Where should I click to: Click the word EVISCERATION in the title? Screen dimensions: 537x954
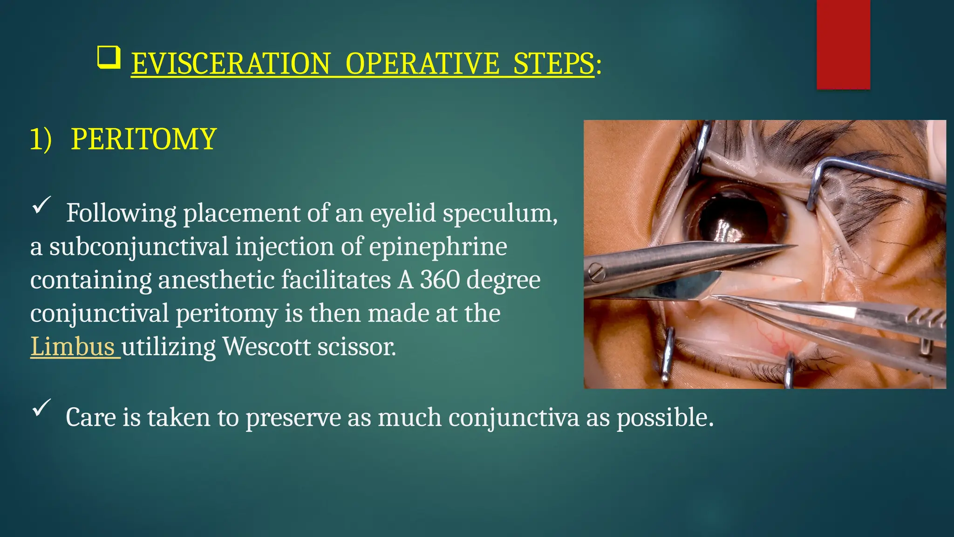click(x=231, y=64)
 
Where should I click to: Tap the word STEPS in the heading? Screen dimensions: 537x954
click(x=553, y=64)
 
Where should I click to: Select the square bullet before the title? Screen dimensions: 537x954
click(x=109, y=58)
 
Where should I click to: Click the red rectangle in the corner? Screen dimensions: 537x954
click(x=843, y=44)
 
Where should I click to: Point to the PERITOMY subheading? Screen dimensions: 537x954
click(x=143, y=139)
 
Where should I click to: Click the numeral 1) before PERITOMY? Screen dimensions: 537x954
click(x=41, y=139)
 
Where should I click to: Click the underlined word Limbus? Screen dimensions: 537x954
click(x=73, y=347)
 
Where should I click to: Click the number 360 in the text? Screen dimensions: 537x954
click(x=439, y=280)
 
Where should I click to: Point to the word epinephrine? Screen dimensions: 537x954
click(x=438, y=247)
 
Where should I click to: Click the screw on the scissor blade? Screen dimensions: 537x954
click(x=596, y=272)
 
